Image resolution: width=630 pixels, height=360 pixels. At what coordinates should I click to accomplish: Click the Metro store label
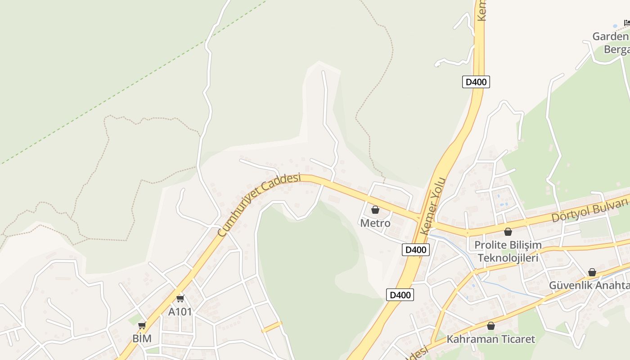(x=375, y=223)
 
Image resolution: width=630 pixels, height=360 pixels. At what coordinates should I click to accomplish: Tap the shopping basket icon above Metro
(x=375, y=210)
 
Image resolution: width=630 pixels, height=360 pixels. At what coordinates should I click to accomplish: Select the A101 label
(x=180, y=311)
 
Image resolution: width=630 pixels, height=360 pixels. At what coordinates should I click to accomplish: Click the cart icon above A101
(x=180, y=298)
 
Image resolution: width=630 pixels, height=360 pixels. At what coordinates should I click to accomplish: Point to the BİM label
(x=142, y=338)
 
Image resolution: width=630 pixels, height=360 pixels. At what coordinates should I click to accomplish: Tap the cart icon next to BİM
(x=142, y=325)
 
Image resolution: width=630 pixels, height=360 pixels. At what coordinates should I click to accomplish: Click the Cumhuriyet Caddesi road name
(x=259, y=205)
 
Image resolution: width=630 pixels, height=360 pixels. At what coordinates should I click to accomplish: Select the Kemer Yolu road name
(x=432, y=206)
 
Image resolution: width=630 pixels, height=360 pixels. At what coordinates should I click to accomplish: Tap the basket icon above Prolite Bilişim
(x=508, y=232)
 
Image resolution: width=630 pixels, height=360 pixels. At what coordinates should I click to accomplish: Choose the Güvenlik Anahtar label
(x=589, y=285)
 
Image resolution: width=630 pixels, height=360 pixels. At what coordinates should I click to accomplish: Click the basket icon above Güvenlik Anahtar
(x=592, y=272)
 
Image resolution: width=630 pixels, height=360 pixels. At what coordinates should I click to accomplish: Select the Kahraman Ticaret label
(x=490, y=339)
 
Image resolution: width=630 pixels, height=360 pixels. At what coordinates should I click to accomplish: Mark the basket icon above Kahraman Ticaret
(x=491, y=325)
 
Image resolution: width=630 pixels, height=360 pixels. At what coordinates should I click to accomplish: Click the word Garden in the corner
(x=610, y=36)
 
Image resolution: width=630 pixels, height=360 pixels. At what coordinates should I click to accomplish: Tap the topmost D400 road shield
(x=476, y=82)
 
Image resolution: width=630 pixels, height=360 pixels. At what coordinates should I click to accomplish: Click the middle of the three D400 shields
(x=416, y=250)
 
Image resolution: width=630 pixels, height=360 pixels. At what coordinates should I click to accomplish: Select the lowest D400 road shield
(x=400, y=295)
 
